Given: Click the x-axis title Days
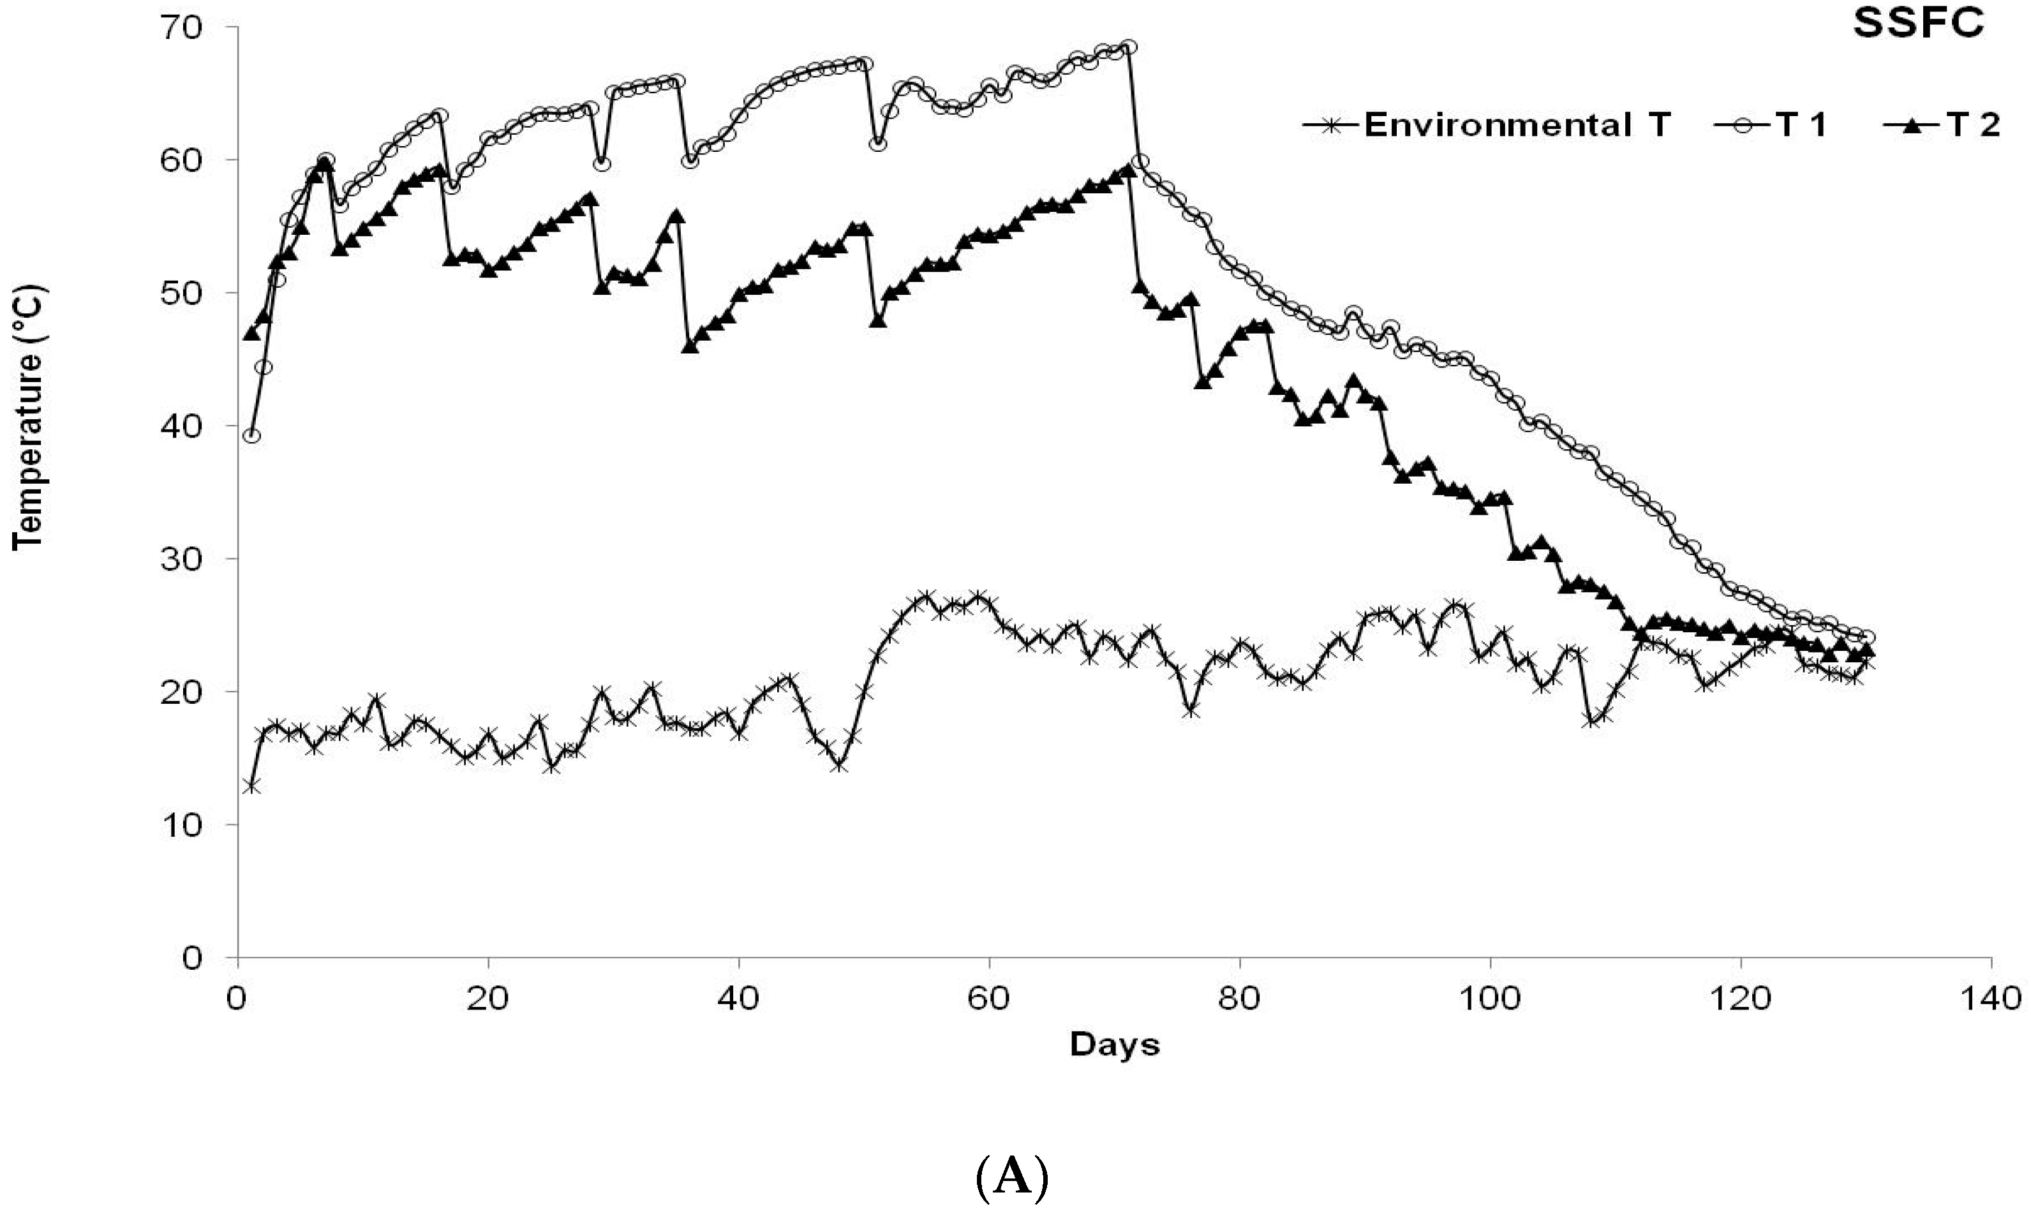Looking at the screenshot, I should [x=1115, y=1044].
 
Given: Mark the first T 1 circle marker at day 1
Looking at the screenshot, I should [x=252, y=436].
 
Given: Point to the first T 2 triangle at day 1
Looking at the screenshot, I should [x=251, y=333].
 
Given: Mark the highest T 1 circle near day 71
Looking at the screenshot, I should [x=1129, y=47].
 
